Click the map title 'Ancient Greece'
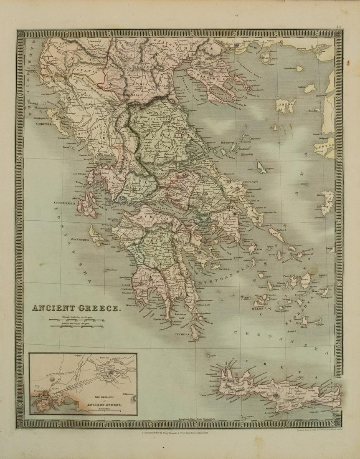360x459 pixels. click(x=77, y=309)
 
